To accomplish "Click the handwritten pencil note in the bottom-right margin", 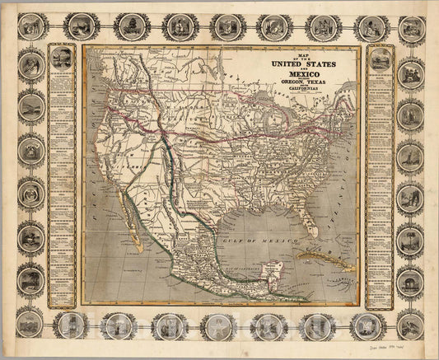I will [404, 347].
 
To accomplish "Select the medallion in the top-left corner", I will [30, 28].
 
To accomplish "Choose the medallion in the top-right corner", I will [409, 29].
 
